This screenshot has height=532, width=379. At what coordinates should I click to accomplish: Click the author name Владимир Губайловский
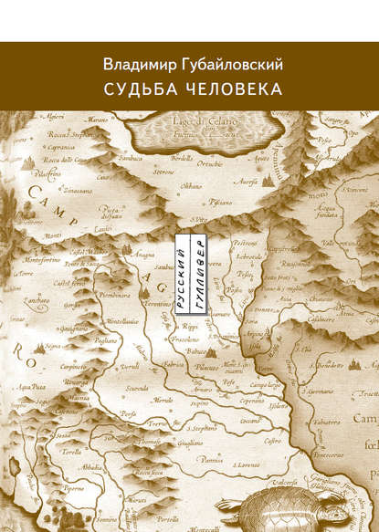point(189,65)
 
